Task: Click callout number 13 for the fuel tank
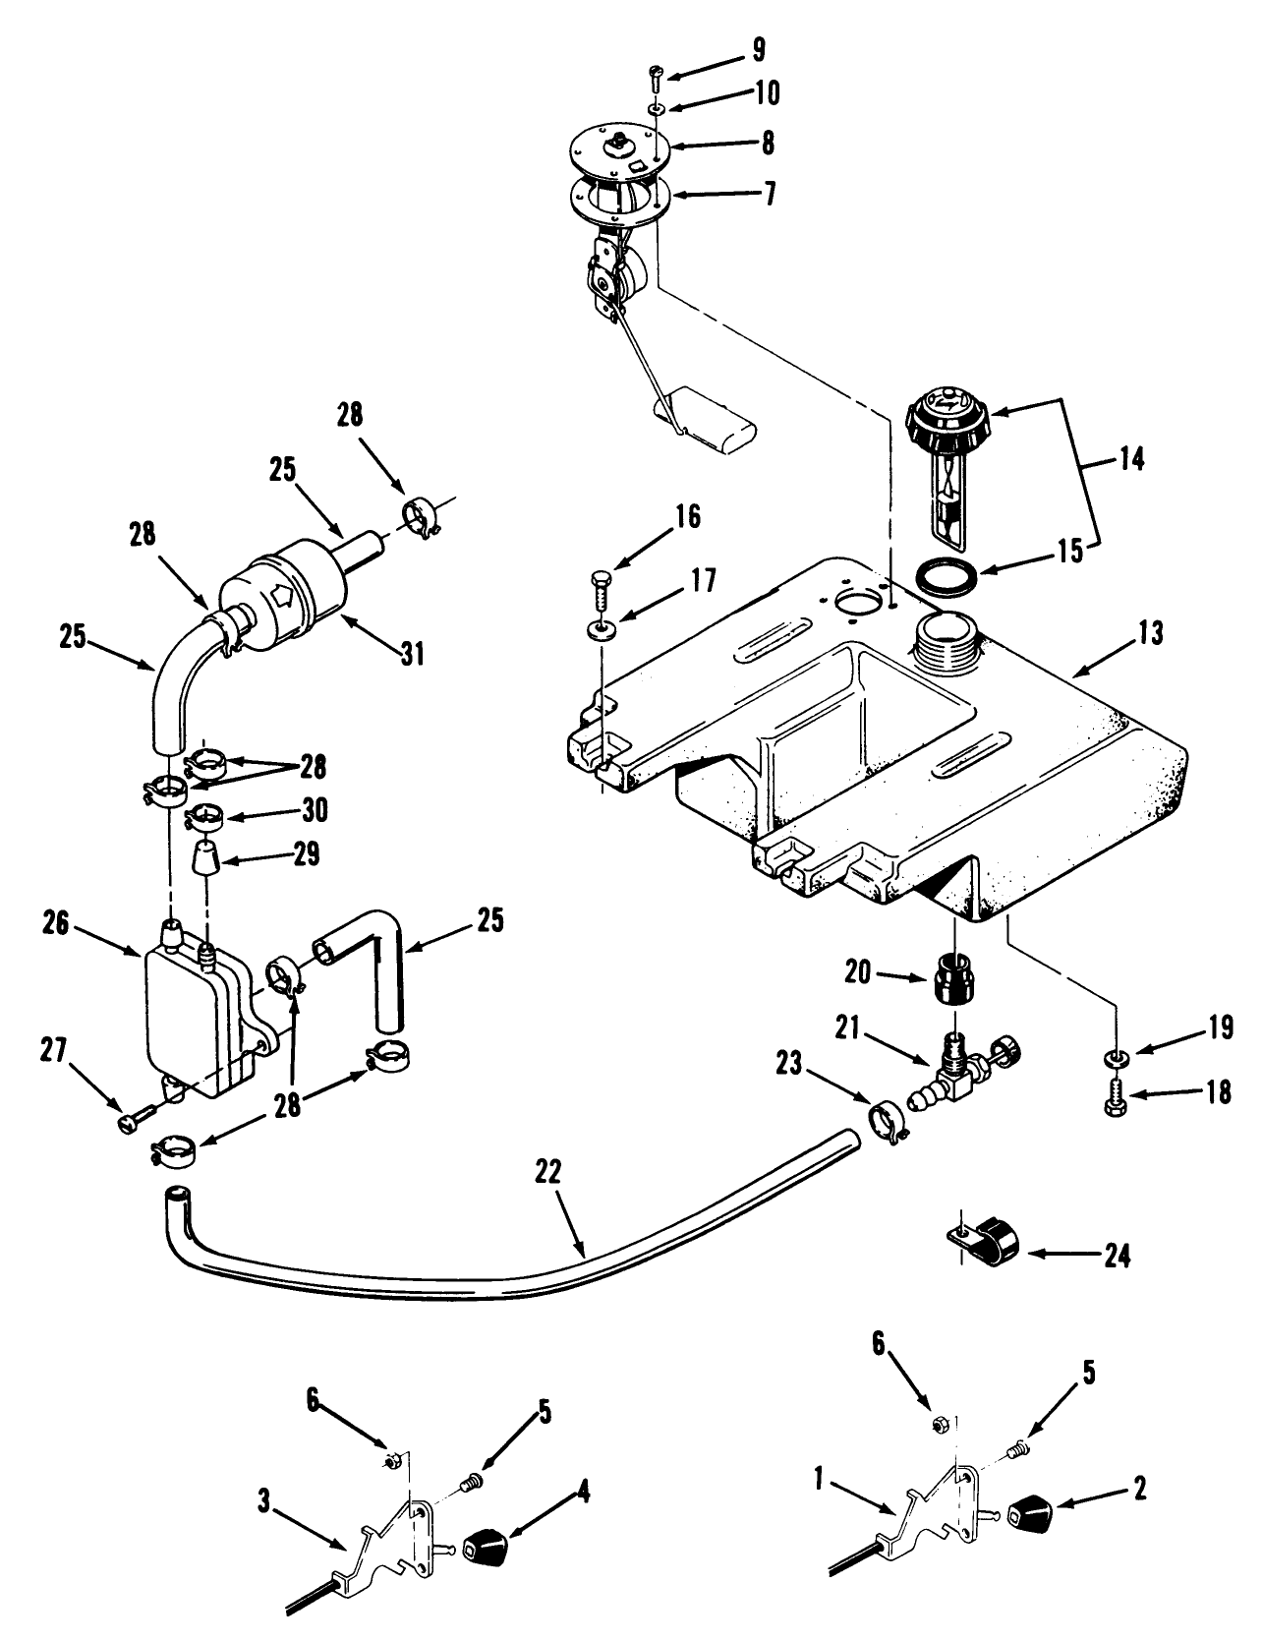1151,633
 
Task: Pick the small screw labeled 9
657,74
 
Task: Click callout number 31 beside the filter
413,652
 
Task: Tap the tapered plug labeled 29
203,862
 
